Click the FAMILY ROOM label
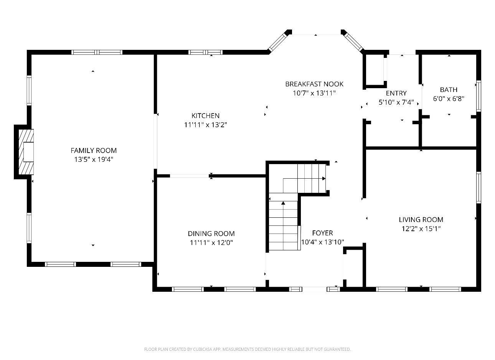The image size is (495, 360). pyautogui.click(x=93, y=151)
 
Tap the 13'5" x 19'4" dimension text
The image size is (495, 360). pyautogui.click(x=93, y=159)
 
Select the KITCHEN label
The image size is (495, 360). pyautogui.click(x=205, y=115)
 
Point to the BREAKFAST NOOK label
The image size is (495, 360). pyautogui.click(x=314, y=84)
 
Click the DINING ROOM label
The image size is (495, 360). pyautogui.click(x=211, y=233)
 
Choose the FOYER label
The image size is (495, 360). pyautogui.click(x=322, y=233)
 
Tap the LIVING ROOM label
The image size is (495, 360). pyautogui.click(x=421, y=220)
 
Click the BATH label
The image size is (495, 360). pyautogui.click(x=449, y=90)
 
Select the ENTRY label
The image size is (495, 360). pyautogui.click(x=396, y=93)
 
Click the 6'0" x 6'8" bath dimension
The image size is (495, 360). pyautogui.click(x=449, y=99)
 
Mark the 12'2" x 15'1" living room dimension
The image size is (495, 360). pyautogui.click(x=421, y=229)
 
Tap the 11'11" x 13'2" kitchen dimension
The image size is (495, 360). pyautogui.click(x=205, y=125)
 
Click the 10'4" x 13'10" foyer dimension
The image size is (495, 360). pyautogui.click(x=322, y=242)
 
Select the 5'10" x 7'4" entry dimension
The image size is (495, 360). pyautogui.click(x=396, y=102)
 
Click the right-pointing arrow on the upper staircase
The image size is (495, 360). pyautogui.click(x=324, y=179)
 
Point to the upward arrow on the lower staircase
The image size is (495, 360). pyautogui.click(x=283, y=203)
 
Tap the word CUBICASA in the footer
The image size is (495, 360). pyautogui.click(x=203, y=349)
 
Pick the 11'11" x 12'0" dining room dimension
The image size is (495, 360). pyautogui.click(x=211, y=243)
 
